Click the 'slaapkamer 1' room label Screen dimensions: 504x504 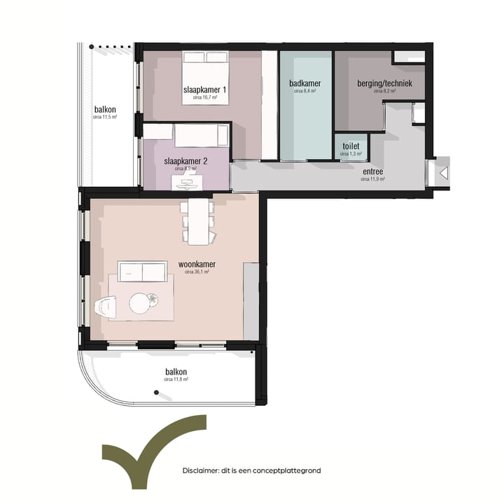click(x=204, y=90)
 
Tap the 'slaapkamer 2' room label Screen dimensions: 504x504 click(x=185, y=160)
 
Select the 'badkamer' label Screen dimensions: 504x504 click(x=304, y=83)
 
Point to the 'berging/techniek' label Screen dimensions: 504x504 click(x=384, y=83)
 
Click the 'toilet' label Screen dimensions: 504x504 click(x=351, y=146)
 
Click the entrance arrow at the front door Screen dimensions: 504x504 click(x=443, y=173)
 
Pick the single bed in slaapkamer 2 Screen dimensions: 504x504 click(x=202, y=135)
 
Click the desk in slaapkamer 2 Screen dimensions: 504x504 click(x=187, y=184)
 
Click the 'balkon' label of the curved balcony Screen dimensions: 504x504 click(x=176, y=372)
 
